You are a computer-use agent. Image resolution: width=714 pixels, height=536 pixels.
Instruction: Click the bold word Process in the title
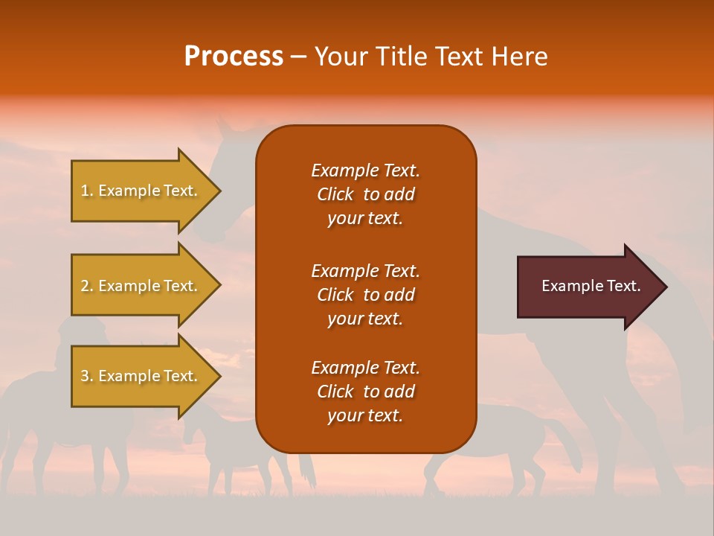coord(234,57)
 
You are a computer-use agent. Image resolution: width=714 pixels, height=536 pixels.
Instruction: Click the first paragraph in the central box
coord(365,194)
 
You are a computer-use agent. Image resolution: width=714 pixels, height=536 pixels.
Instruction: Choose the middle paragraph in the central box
coord(365,295)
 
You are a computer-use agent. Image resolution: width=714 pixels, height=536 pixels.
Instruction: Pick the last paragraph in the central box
coord(365,392)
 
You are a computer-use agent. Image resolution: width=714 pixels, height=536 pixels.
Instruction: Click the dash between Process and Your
coord(299,57)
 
